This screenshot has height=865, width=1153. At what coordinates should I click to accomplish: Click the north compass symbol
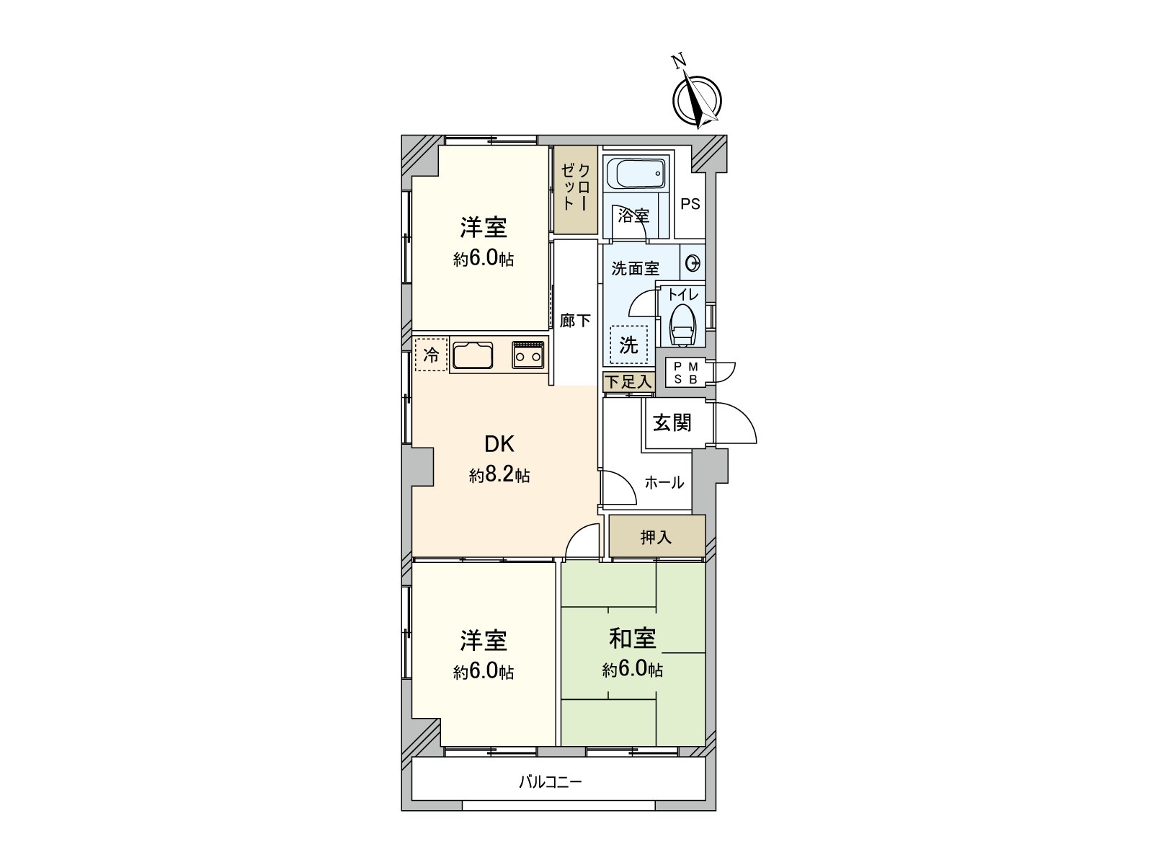coord(696,100)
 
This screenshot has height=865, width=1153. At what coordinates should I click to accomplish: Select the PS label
coord(690,204)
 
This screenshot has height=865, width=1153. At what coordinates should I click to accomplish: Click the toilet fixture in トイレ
coord(682,324)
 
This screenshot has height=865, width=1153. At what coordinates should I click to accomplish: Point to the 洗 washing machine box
coord(628,345)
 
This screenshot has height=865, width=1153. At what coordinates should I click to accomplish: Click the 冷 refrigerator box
coord(431,355)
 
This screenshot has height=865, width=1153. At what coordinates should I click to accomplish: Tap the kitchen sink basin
coord(473,355)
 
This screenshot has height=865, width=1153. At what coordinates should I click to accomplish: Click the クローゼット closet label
coord(576,187)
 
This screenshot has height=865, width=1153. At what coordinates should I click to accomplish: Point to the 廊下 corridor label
coord(575,320)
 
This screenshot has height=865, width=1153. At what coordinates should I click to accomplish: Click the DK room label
coord(499,443)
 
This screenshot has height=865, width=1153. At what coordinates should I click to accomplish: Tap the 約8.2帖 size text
coord(499,475)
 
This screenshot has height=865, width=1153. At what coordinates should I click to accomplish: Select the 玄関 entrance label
coord(672,422)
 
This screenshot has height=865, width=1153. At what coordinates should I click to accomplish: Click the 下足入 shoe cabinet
coord(628,382)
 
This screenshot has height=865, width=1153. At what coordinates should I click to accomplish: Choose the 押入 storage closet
coord(656,537)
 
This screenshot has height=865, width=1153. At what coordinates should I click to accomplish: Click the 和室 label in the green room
coord(632,638)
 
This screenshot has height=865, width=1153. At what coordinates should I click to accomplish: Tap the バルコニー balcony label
coord(550,781)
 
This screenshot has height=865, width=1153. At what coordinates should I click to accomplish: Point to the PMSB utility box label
coord(685,373)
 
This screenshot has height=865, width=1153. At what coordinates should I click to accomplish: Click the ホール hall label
coord(664,482)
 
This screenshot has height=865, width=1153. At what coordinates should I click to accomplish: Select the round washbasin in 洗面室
coord(693,262)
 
